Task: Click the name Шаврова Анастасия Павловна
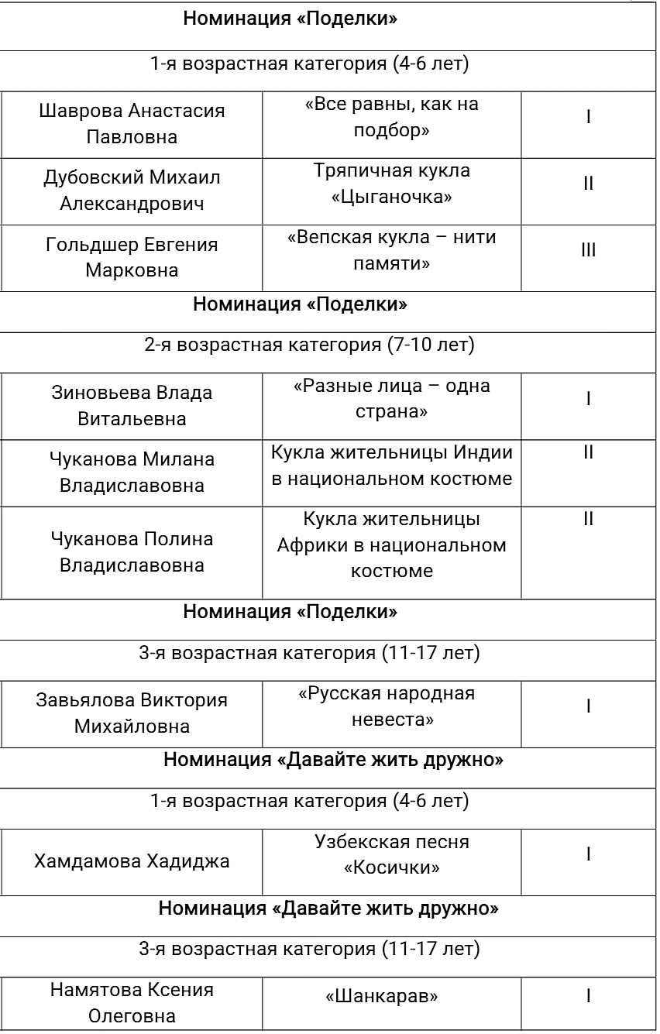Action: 132,124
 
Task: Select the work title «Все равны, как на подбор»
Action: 391,118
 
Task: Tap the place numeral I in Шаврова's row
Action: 589,117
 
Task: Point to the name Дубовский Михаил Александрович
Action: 132,191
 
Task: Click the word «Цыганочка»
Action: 391,198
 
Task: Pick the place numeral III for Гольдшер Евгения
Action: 589,250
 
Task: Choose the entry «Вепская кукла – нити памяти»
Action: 391,251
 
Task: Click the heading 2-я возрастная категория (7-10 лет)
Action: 309,345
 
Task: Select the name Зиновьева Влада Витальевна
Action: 132,406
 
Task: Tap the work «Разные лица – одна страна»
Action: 391,398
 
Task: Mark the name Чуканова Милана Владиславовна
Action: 132,472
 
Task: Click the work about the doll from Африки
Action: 391,544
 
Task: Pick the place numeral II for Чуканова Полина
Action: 589,519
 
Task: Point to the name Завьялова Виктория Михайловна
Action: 132,713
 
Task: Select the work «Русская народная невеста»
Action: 391,706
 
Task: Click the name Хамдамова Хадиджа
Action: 132,861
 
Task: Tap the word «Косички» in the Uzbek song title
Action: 391,867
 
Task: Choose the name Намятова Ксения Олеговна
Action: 132,1003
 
